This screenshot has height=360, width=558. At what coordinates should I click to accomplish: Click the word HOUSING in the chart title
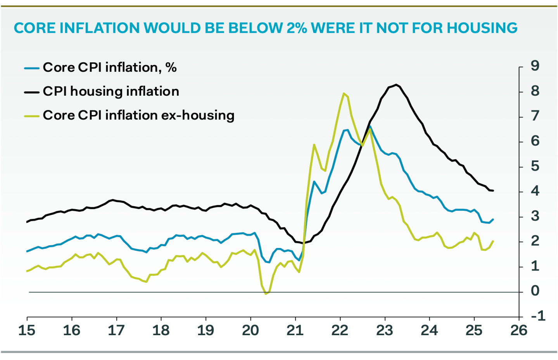[x=482, y=28]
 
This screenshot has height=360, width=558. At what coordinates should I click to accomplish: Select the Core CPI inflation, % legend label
[x=110, y=67]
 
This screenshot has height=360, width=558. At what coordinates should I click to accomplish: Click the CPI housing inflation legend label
[x=111, y=91]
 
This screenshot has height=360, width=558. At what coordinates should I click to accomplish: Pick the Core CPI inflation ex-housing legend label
[x=138, y=115]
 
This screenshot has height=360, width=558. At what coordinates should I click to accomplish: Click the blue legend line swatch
[x=31, y=68]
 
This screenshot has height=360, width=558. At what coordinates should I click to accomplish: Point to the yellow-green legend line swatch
[x=31, y=116]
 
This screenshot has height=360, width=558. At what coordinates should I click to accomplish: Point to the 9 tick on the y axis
[x=535, y=66]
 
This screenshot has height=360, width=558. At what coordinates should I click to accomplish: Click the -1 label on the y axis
[x=538, y=316]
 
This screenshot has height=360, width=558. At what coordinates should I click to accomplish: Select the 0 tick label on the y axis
[x=535, y=291]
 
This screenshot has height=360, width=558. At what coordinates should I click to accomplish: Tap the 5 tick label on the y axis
[x=535, y=166]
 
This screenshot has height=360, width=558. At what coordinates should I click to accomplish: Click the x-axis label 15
[x=27, y=331]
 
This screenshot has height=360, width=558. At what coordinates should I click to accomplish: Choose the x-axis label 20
[x=250, y=331]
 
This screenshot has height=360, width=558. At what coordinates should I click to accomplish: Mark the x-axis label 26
[x=518, y=331]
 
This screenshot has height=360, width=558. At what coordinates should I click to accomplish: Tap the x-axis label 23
[x=384, y=331]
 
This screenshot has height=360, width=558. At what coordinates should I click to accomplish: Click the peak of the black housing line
[x=396, y=84]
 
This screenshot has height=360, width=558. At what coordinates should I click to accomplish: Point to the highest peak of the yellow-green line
[x=344, y=93]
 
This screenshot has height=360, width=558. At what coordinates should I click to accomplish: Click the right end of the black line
[x=493, y=191]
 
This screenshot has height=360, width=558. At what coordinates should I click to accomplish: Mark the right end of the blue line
[x=493, y=219]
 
